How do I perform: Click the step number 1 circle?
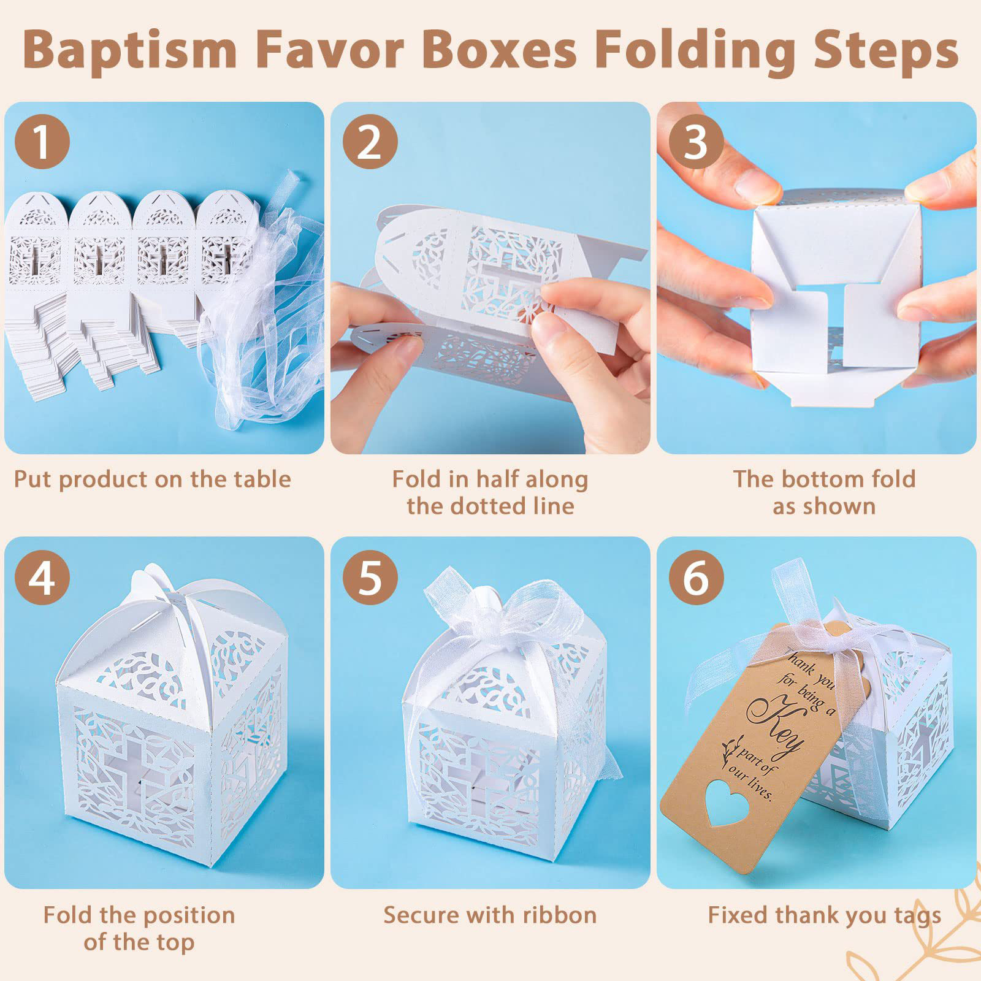pos(42,142)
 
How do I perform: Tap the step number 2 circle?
pos(370,142)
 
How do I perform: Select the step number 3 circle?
pos(696,142)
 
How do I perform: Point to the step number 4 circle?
pos(42,577)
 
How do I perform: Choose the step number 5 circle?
pos(370,577)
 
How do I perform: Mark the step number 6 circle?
pos(696,577)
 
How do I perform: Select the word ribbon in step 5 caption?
pos(557,915)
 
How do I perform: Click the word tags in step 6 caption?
pos(917,916)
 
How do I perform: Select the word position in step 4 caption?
pos(179,916)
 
